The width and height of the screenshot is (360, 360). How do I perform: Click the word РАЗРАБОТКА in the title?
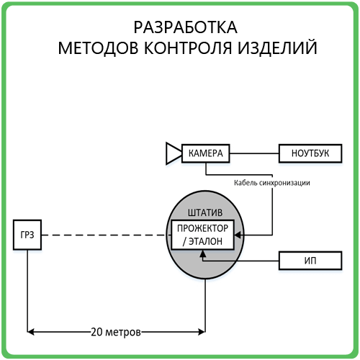tap(185, 27)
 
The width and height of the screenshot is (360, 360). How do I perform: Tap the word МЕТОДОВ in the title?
tap(98, 48)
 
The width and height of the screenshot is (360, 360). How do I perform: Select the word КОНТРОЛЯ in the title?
tap(188, 48)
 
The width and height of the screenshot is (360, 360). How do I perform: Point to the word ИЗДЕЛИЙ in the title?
tap(277, 47)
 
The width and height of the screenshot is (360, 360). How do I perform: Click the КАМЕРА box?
tap(206, 153)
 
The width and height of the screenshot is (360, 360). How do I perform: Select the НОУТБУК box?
tap(310, 153)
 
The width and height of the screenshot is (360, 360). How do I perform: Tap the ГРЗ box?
tap(27, 235)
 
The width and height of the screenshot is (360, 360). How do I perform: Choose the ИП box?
tap(310, 261)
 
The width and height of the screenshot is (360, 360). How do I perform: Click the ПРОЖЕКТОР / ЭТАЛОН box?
tap(202, 235)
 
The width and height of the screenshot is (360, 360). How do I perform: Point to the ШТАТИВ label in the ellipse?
tap(205, 212)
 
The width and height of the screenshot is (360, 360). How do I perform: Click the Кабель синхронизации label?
tap(272, 183)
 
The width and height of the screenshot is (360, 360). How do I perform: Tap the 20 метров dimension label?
tap(116, 332)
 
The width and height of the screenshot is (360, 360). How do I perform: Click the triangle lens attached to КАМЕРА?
tap(174, 153)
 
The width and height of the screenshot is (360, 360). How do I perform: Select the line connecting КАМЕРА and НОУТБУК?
tap(254, 153)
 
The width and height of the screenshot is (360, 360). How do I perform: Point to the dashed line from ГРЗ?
tap(106, 235)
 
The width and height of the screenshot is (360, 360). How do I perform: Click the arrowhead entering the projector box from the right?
tap(238, 235)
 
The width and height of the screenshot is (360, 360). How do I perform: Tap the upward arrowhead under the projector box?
tap(203, 253)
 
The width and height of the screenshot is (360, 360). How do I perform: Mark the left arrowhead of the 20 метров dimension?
tap(30, 332)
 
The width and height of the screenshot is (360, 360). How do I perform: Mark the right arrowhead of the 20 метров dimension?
tap(202, 332)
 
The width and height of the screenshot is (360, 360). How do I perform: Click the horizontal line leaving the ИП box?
tap(240, 261)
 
